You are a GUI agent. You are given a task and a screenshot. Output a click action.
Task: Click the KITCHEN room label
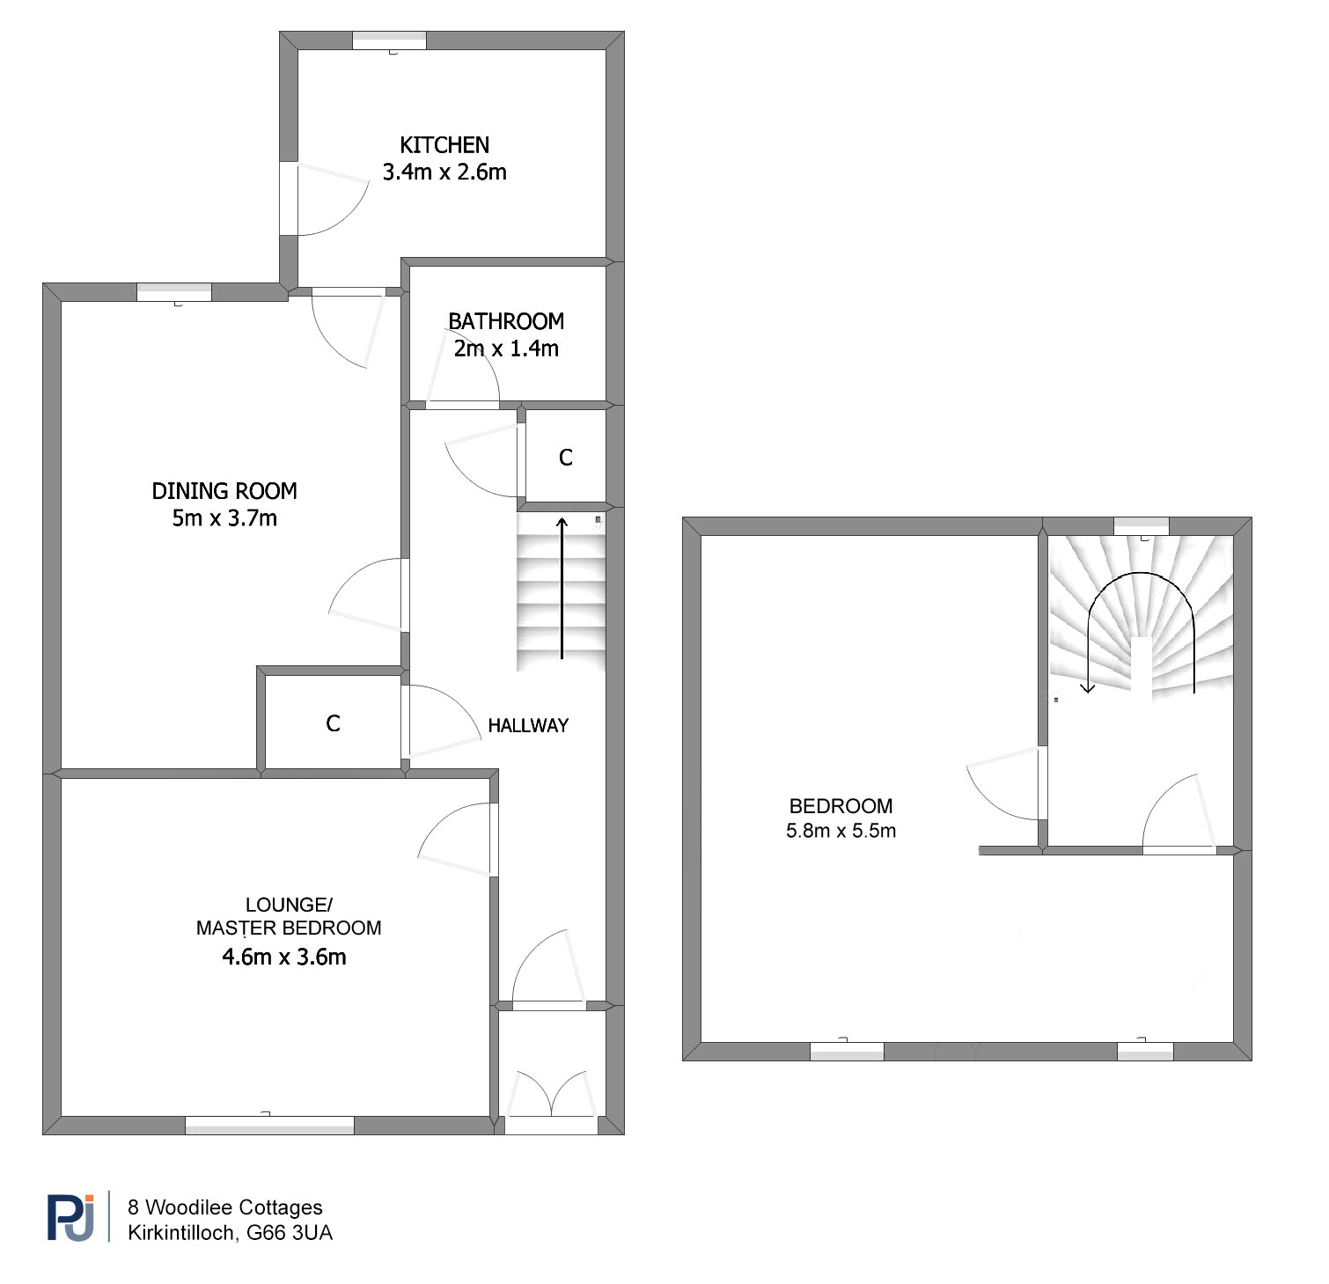(444, 145)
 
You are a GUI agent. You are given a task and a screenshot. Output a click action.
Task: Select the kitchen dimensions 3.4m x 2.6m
(444, 172)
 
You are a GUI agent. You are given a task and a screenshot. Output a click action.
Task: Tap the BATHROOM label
(506, 321)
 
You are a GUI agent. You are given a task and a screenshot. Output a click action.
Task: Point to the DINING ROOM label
(224, 491)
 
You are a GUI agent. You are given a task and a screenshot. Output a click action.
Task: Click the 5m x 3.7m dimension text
(224, 518)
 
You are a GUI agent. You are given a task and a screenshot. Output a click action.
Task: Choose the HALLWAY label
(528, 725)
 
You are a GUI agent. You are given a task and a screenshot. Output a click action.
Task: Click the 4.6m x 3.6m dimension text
(284, 957)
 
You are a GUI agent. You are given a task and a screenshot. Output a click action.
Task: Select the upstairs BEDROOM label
(841, 806)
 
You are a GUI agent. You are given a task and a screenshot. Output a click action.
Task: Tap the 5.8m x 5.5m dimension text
(841, 831)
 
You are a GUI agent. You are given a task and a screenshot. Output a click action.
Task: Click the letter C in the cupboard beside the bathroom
(566, 458)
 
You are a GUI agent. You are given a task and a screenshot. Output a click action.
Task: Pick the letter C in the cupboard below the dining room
(333, 723)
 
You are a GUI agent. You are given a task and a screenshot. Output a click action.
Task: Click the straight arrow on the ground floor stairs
(562, 588)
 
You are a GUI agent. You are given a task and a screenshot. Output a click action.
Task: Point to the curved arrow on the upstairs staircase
(1141, 573)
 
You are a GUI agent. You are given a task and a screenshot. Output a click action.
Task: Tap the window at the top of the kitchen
(389, 40)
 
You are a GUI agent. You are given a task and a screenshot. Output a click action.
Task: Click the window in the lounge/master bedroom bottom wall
(269, 1124)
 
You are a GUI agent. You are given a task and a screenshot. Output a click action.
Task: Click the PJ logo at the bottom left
(70, 1217)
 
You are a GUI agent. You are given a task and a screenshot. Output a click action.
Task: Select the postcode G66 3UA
(290, 1233)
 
